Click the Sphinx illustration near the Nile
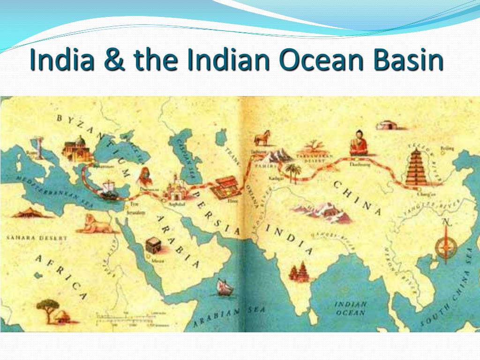click(96, 224)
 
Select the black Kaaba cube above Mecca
click(153, 245)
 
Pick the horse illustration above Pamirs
click(262, 139)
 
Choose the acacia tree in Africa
click(48, 307)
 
